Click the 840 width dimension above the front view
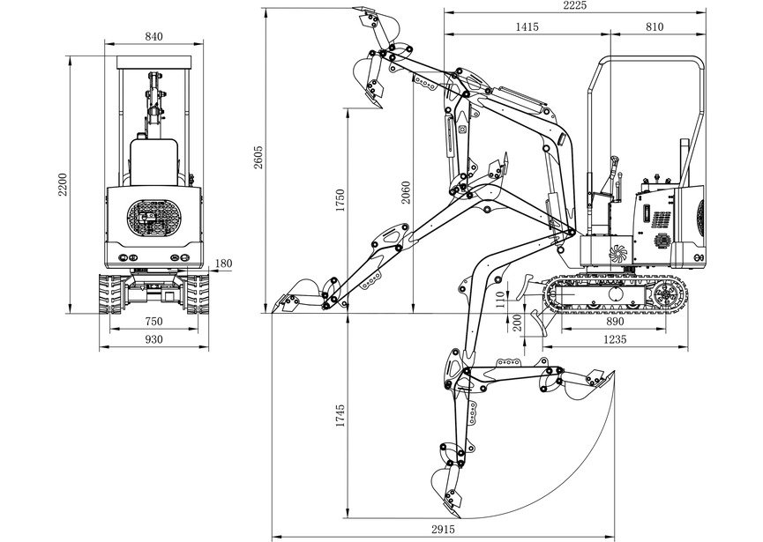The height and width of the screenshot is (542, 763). (153, 36)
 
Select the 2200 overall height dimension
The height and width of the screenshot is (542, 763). (64, 184)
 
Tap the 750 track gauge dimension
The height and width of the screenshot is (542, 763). (153, 322)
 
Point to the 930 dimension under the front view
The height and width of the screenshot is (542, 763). (153, 339)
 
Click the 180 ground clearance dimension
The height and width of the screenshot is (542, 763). (223, 264)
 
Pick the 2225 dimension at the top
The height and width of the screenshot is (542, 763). (575, 5)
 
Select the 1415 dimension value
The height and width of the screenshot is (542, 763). (527, 26)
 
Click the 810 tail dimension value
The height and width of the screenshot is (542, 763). (655, 26)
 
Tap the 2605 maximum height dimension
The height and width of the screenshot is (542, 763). (258, 157)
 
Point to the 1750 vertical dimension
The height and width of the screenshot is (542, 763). (340, 200)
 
